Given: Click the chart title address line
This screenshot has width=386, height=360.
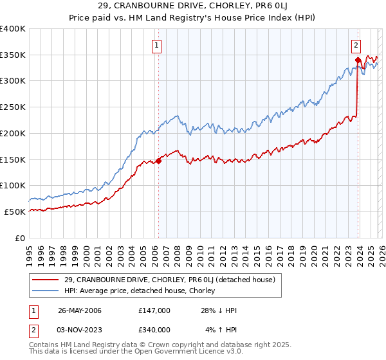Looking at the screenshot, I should click(193, 6).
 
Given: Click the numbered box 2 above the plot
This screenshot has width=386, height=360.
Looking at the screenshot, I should click(356, 45).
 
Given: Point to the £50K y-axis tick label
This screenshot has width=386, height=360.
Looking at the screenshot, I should click(15, 212).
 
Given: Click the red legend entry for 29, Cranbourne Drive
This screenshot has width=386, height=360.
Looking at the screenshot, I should click(170, 280).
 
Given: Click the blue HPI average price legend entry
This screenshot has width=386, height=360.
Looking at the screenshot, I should click(143, 291).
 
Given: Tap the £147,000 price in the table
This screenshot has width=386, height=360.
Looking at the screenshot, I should click(154, 310).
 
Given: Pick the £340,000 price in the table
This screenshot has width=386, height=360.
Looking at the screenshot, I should click(154, 329).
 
